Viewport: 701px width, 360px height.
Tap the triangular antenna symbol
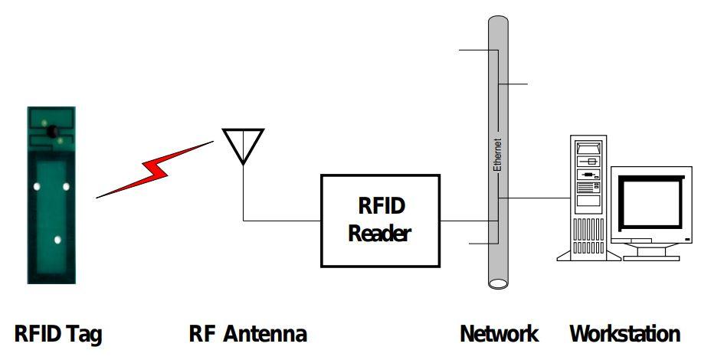coord(242,143)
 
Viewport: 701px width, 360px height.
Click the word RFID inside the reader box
coord(380,206)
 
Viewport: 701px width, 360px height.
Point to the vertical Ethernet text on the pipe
coord(497,156)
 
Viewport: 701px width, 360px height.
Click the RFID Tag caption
coord(58,334)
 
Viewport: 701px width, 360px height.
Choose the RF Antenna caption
coord(247,334)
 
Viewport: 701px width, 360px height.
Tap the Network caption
coord(499,334)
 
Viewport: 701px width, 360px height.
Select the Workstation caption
coord(624,334)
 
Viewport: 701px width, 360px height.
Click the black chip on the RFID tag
coord(54,133)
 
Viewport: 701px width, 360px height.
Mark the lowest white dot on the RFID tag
coord(57,240)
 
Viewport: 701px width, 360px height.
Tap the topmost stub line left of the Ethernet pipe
coord(475,51)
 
